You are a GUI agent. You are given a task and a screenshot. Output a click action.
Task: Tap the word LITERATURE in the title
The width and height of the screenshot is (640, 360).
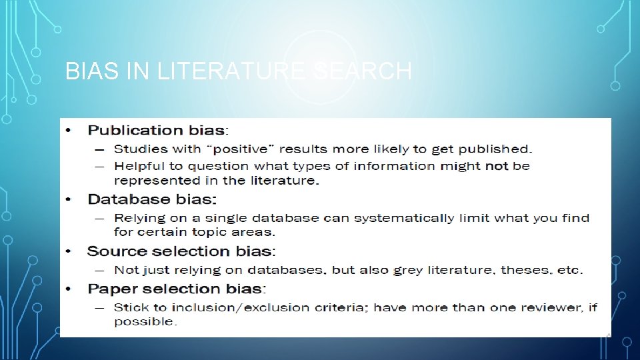point(219,71)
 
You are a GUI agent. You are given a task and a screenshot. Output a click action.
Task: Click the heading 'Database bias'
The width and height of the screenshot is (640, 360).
point(152,199)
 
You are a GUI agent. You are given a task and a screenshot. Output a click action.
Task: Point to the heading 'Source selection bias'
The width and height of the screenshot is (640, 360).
point(180,251)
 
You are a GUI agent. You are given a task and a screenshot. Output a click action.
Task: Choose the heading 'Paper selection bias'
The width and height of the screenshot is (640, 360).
point(176,289)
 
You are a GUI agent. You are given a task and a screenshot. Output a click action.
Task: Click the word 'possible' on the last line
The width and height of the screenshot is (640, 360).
point(143,322)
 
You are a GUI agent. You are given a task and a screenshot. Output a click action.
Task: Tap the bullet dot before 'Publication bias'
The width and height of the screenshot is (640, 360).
point(69,131)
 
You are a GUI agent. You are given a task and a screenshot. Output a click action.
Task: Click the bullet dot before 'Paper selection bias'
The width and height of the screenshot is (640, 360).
point(69,289)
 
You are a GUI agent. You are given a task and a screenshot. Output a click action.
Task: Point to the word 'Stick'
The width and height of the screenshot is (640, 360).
point(130,307)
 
